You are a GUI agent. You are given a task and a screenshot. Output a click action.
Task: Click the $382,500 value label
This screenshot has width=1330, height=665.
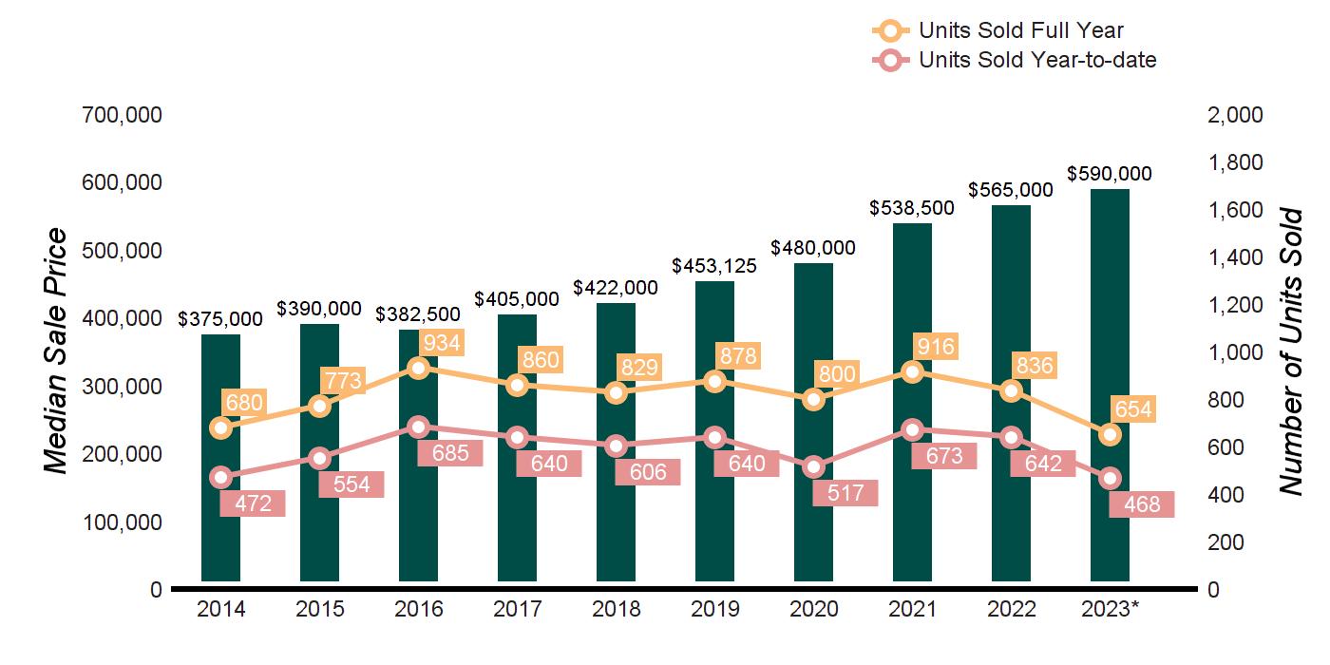click(418, 314)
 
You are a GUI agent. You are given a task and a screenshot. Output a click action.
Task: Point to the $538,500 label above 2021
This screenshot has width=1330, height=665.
click(912, 208)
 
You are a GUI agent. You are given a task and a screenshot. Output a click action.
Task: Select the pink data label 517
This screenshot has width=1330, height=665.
click(845, 493)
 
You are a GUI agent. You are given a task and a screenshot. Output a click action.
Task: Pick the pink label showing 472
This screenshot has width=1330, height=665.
click(252, 503)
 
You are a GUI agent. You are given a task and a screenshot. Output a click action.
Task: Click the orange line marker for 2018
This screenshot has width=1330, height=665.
click(616, 392)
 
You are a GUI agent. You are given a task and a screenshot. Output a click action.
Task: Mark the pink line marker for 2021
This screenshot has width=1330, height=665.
click(912, 429)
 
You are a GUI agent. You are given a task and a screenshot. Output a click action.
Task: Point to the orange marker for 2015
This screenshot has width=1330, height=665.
click(320, 406)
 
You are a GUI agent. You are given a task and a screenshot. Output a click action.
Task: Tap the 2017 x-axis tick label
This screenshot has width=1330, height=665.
click(517, 609)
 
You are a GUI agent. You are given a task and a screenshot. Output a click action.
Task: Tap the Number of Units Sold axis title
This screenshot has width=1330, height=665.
click(1290, 351)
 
